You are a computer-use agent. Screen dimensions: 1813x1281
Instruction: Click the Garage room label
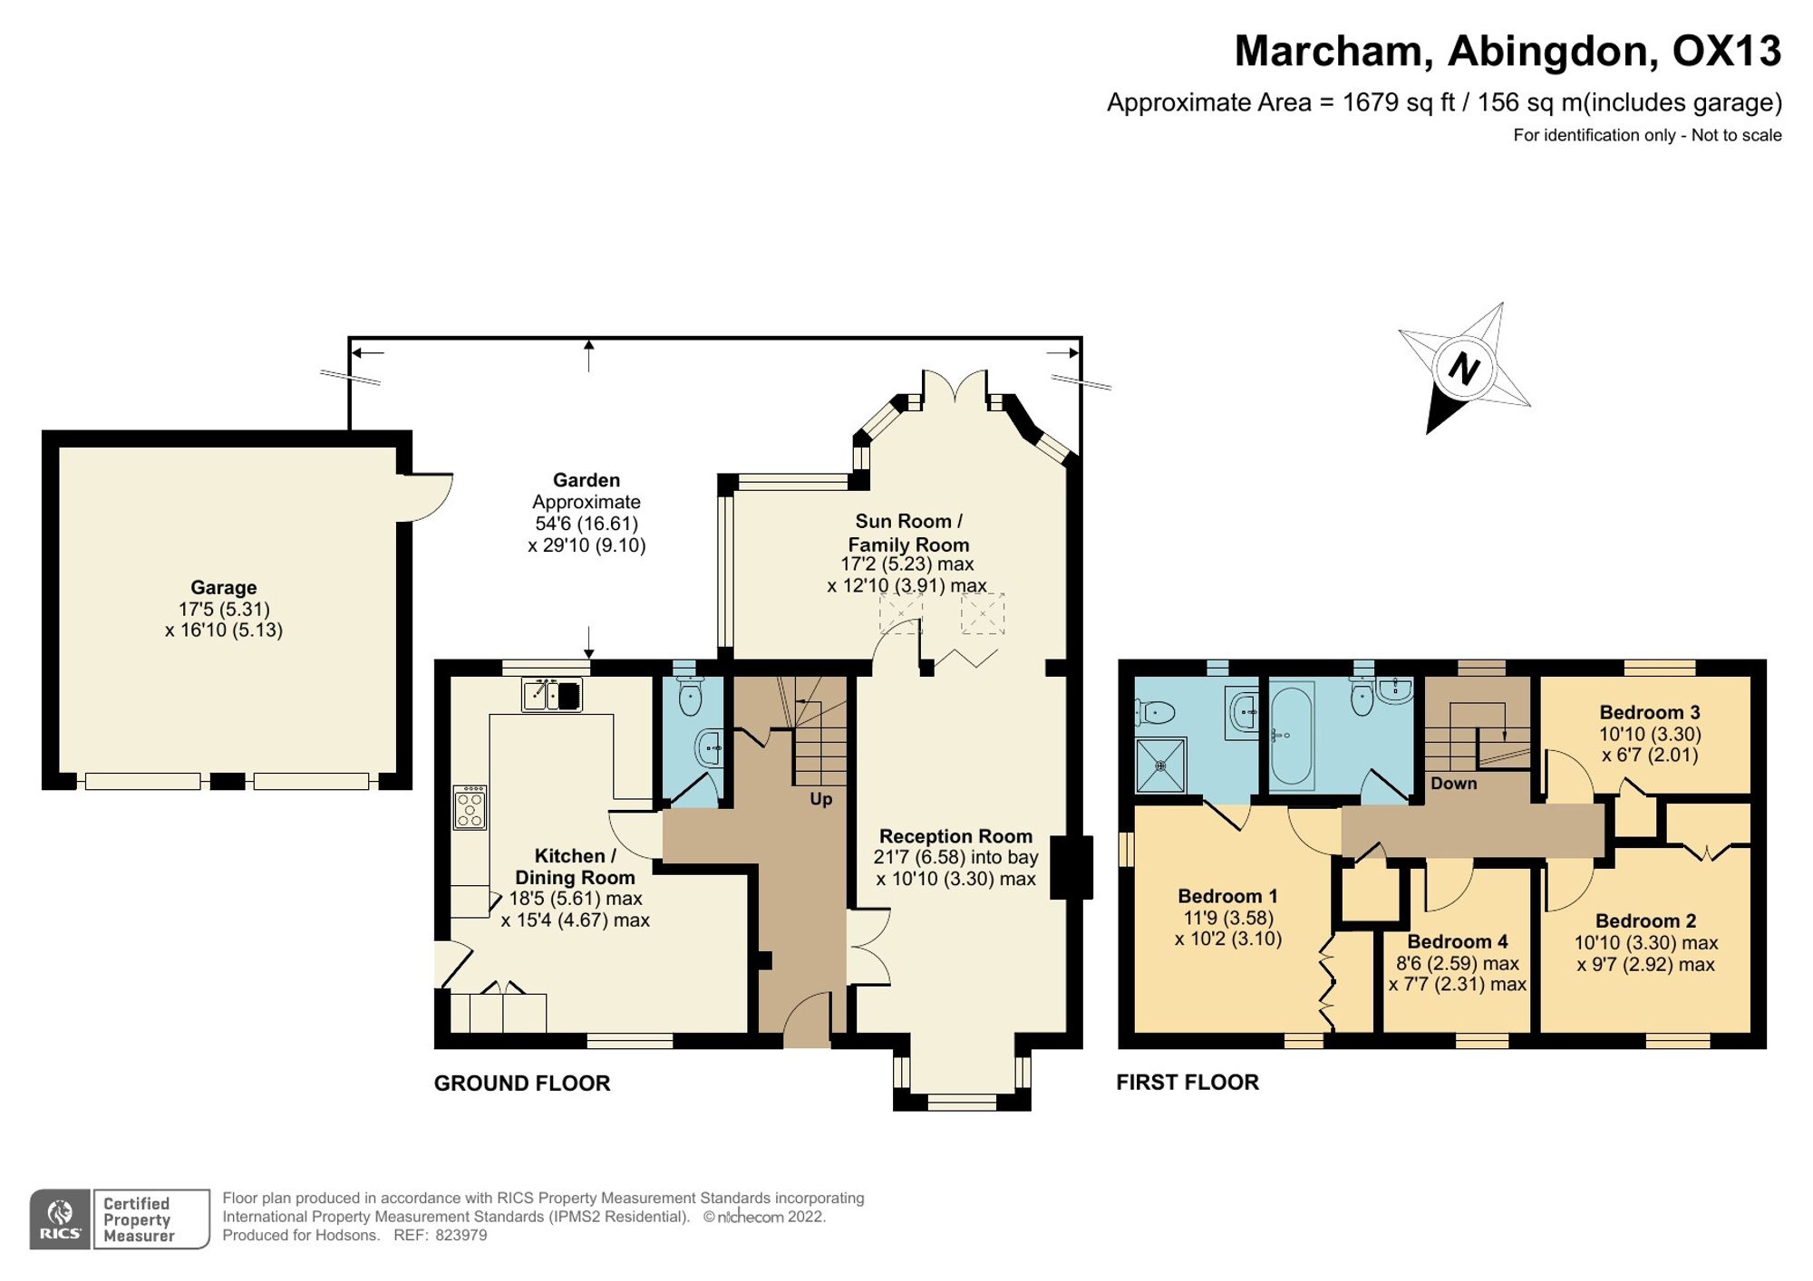(223, 587)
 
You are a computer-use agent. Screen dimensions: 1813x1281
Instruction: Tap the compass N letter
(1464, 368)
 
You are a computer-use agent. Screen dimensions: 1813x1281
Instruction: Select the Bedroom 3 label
(1649, 712)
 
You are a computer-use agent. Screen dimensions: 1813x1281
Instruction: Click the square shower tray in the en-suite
(1161, 766)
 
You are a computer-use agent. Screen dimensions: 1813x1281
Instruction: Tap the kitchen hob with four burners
(470, 808)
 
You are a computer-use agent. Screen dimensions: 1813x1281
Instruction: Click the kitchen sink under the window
(552, 695)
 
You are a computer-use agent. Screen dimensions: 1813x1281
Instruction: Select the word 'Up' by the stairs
(820, 799)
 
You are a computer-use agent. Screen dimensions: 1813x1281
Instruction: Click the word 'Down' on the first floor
(1453, 784)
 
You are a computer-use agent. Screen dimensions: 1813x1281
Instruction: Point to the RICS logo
(60, 1219)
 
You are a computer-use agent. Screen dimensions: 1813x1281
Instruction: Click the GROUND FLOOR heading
(522, 1084)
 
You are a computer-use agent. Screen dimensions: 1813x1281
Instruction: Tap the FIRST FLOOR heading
(1188, 1083)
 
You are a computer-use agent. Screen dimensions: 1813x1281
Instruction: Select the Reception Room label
(955, 836)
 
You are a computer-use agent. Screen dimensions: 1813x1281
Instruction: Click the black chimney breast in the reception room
(1071, 867)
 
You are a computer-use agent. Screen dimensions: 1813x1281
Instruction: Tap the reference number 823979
(461, 1235)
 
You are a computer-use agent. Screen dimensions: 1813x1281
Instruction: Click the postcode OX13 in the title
(1727, 52)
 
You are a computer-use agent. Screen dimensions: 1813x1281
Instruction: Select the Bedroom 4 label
(1458, 941)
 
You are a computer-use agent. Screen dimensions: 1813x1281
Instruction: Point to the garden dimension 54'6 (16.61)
(587, 524)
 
